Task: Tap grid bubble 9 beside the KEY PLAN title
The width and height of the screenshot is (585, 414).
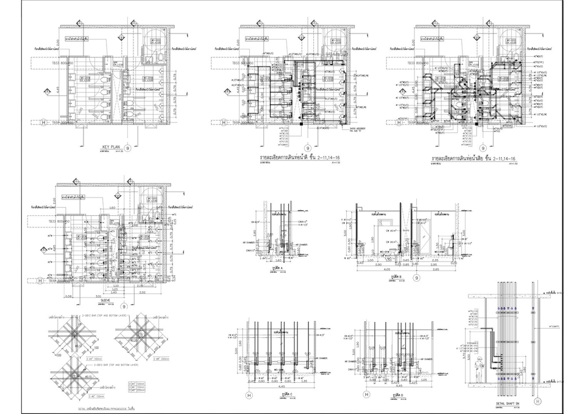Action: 127,148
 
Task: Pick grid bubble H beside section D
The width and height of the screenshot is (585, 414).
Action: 366,394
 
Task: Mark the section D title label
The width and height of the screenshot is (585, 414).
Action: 400,395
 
